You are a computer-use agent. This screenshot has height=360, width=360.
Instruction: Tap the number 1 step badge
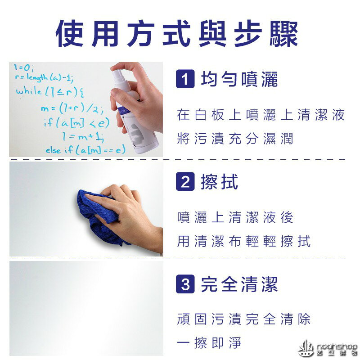point(184,80)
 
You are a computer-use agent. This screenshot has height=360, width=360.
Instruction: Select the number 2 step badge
point(184,182)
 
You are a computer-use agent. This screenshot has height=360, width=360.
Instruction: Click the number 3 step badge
point(184,284)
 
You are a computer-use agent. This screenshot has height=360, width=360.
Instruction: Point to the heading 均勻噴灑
point(239,80)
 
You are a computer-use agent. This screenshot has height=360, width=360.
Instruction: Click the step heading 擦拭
point(220,182)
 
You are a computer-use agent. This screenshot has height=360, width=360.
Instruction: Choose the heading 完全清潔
point(239,284)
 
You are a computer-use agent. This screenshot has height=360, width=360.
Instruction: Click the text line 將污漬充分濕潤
point(235,139)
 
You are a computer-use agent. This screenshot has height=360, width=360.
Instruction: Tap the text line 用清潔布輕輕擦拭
point(244,242)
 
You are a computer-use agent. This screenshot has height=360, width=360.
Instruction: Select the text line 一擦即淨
point(209,344)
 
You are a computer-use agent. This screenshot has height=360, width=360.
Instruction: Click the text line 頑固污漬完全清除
point(244,319)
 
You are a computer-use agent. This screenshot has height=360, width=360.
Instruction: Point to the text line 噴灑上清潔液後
point(235,217)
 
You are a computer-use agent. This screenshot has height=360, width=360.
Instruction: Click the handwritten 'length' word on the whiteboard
point(37,78)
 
